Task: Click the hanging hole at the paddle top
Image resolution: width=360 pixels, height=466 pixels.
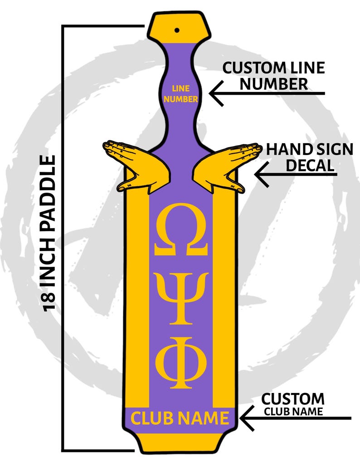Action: pos(177,30)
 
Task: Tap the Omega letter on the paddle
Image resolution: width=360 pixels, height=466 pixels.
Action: pos(181,229)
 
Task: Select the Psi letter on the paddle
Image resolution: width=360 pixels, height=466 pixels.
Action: pos(181,299)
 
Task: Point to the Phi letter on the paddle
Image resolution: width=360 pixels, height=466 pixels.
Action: pos(181,363)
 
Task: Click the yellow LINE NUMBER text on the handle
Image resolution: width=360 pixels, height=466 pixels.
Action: pos(181,94)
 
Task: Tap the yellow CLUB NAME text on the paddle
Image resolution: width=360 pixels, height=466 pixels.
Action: pos(180,418)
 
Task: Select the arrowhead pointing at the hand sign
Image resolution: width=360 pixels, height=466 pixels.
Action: pos(262,174)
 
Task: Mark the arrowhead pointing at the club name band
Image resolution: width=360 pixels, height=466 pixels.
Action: pos(247,418)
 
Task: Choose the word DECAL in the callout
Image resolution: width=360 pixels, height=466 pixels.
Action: pos(310,165)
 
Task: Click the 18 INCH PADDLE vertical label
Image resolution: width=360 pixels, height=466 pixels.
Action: pos(49,233)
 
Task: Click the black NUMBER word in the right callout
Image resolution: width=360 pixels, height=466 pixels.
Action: pos(273,84)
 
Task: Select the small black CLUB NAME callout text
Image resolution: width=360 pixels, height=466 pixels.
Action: pos(293,412)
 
